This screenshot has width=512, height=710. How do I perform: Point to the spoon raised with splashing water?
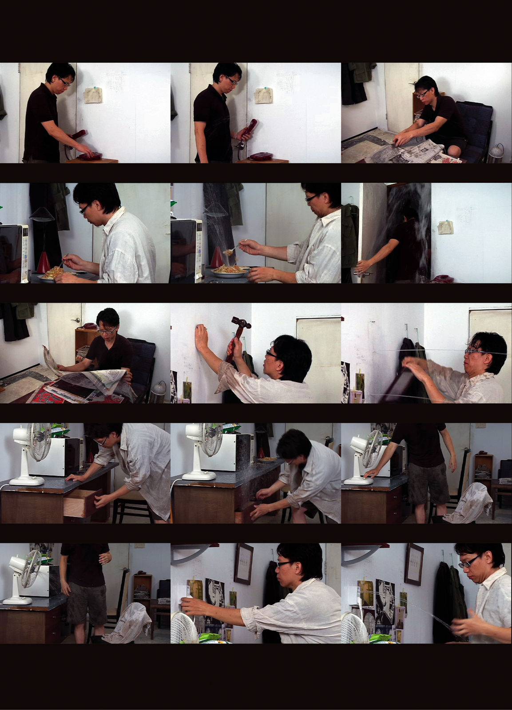pyautogui.click(x=233, y=250)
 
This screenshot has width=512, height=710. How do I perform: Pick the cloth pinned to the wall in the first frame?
pyautogui.click(x=94, y=95)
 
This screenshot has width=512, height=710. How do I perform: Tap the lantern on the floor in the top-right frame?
pyautogui.click(x=496, y=153)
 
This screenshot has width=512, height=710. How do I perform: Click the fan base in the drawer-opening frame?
pyautogui.click(x=27, y=481)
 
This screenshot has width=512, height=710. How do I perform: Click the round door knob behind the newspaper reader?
pyautogui.click(x=77, y=320)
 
